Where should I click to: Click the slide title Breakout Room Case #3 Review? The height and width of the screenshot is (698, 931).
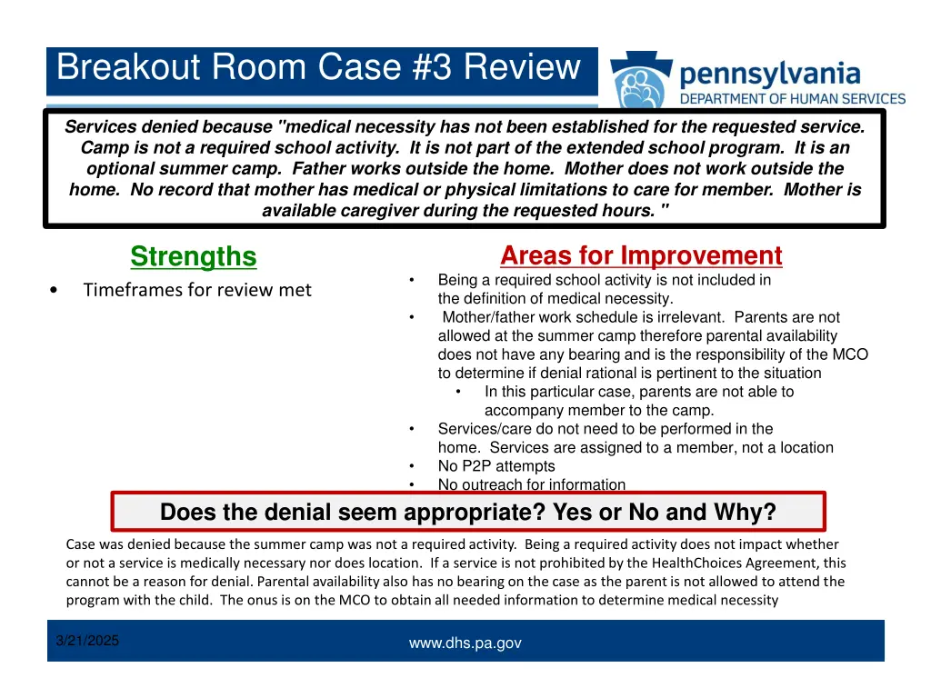317,68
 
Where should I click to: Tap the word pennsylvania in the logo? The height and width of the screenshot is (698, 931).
769,72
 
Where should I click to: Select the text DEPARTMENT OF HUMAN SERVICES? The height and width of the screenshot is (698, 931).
793,99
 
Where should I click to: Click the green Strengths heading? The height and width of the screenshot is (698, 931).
193,257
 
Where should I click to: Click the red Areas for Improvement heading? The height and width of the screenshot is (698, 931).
641,255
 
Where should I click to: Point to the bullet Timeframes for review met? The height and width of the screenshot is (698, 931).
196,290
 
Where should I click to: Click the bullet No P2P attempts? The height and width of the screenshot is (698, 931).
496,466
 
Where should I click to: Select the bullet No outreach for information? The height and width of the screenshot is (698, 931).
531,484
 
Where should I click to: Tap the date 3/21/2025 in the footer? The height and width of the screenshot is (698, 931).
87,641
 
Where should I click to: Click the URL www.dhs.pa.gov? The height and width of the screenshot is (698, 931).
465,643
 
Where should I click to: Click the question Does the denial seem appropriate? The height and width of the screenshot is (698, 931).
350,513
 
